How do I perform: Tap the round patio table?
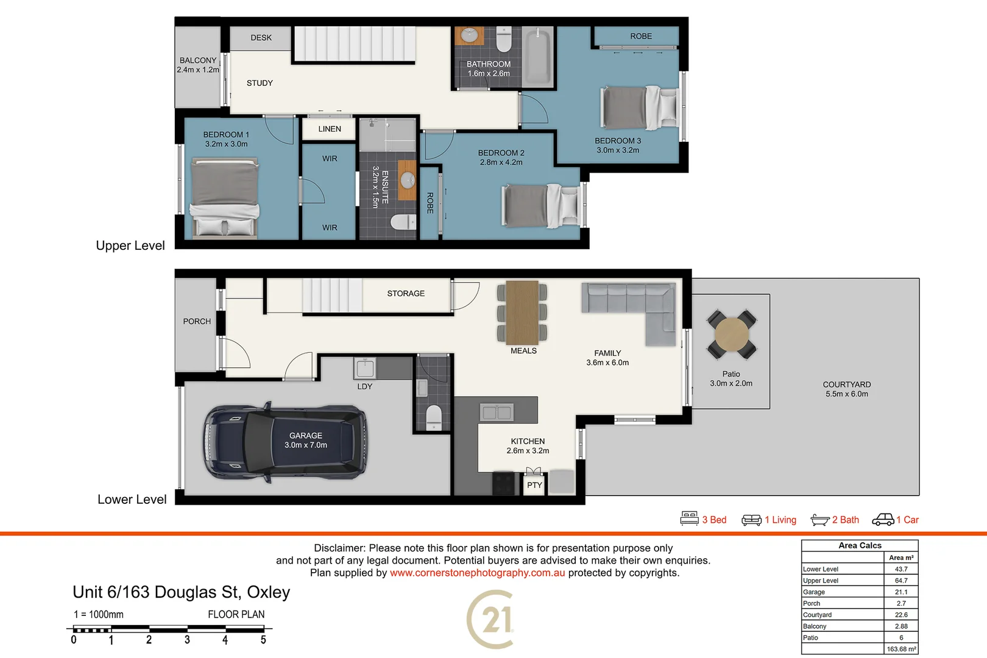coord(732,334)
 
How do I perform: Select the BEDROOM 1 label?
coord(226,135)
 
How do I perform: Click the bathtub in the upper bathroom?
coord(537,57)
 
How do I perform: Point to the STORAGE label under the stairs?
coord(406,294)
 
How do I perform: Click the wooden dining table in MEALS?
coord(522,312)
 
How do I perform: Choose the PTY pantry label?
coord(534,485)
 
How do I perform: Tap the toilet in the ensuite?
coord(403,222)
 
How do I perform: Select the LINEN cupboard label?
coord(330,129)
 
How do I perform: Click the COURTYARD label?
coord(846,384)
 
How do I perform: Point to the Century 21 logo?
coord(491,620)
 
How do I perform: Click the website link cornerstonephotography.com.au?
coord(477,573)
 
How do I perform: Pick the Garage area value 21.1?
coord(901,592)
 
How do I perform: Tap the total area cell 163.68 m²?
coord(901,649)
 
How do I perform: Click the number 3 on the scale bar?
coord(187,640)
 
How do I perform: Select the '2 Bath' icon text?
coord(845,520)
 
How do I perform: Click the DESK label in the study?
coord(261,38)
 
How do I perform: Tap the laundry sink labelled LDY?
coord(365,368)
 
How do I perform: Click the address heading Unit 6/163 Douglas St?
coord(181,592)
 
